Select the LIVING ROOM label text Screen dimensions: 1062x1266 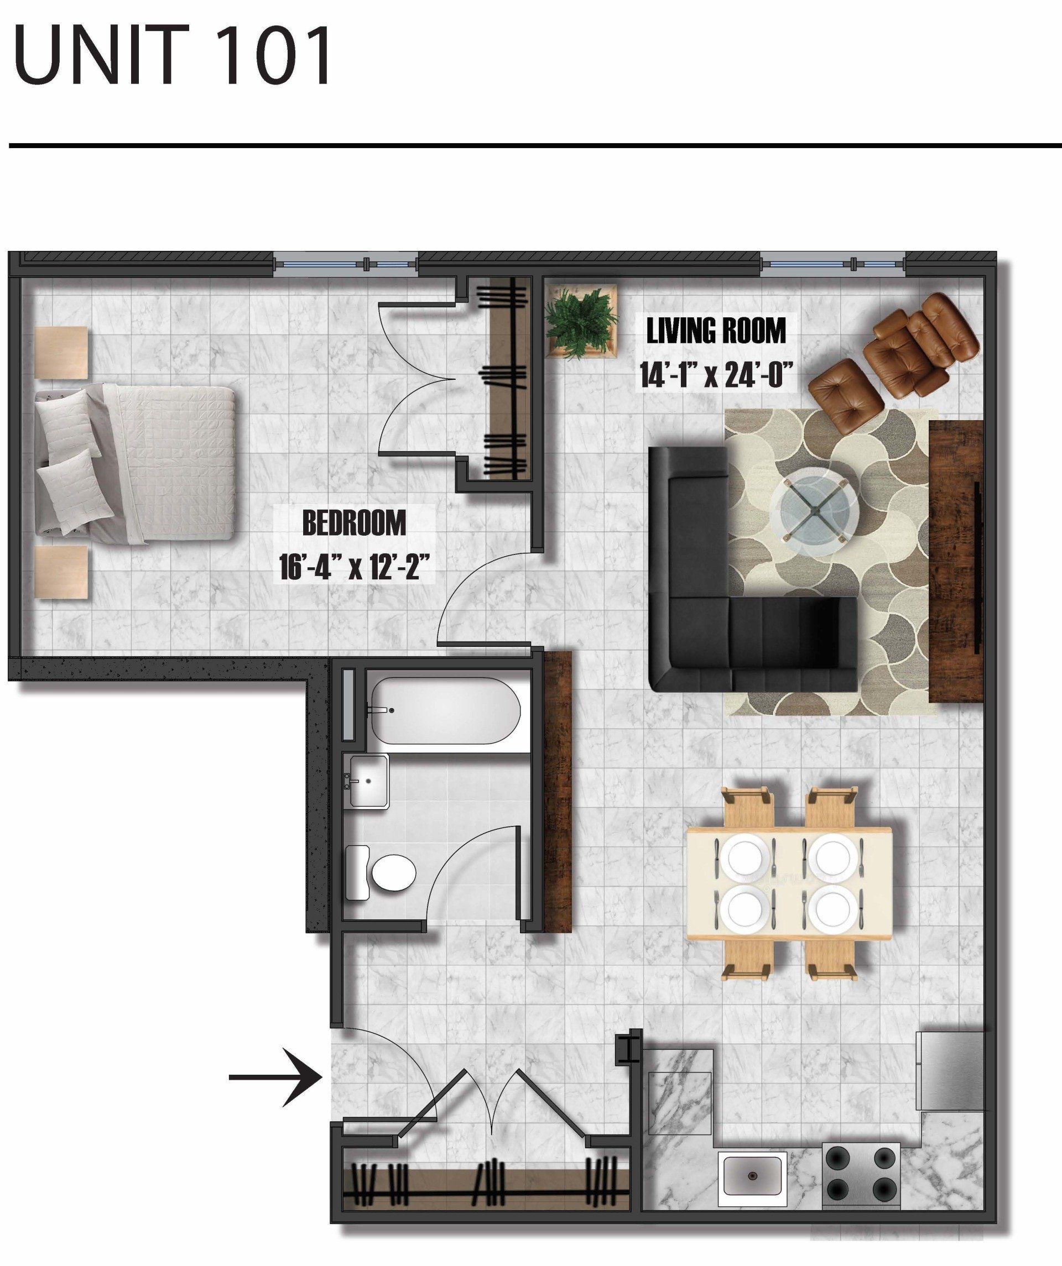(716, 331)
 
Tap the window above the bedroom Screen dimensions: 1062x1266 (345, 264)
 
